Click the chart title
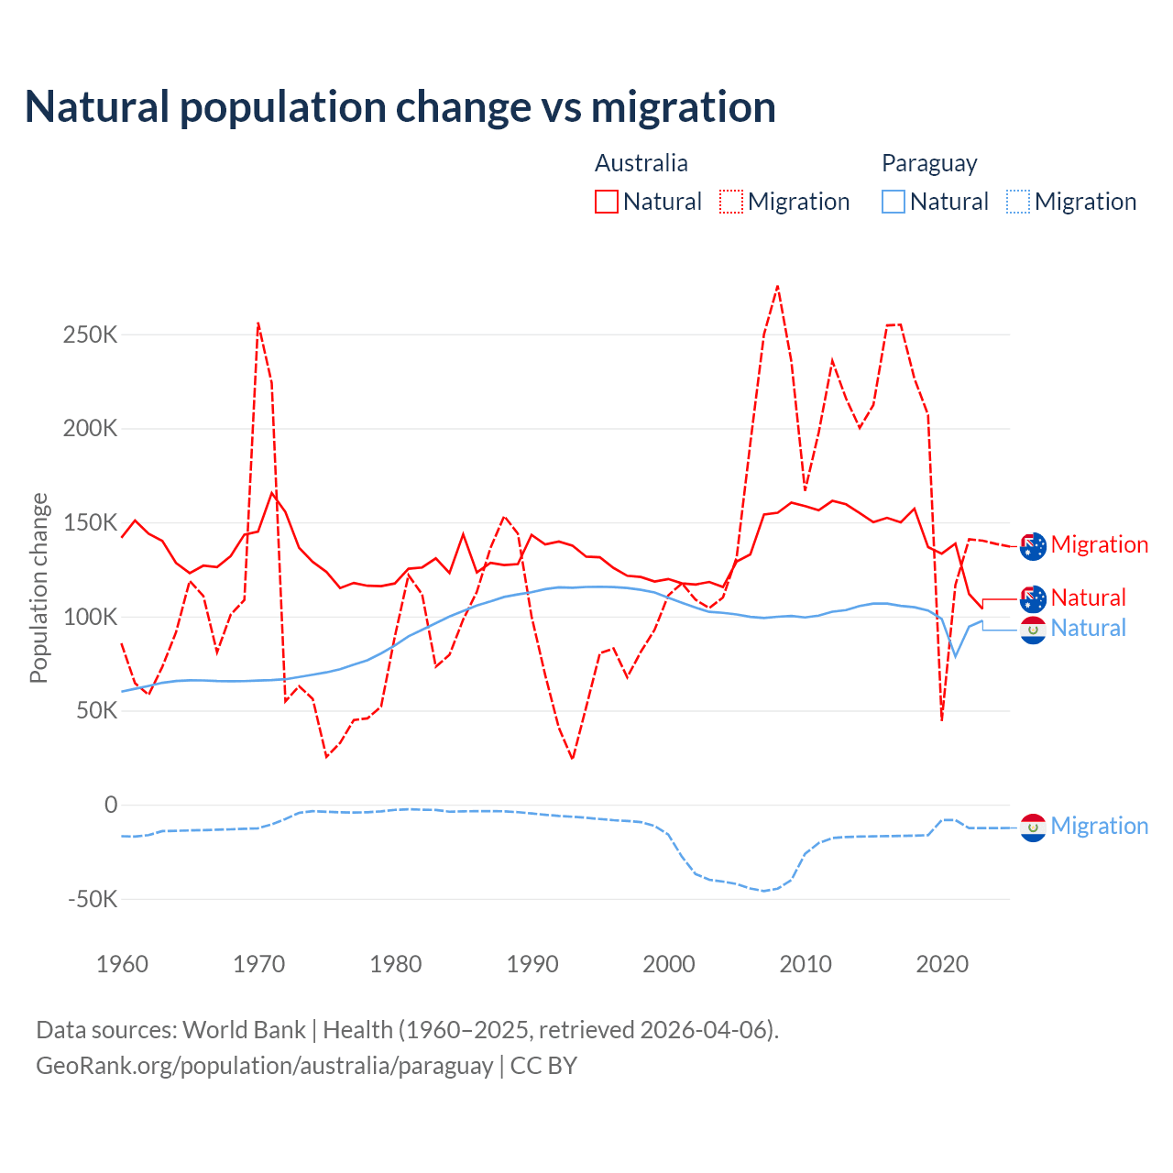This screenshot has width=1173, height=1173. (x=400, y=107)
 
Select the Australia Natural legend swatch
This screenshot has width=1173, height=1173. (x=607, y=202)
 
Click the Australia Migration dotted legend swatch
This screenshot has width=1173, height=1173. (x=731, y=202)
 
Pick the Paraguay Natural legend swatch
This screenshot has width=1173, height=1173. (x=893, y=202)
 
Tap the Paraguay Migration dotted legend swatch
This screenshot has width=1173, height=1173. (x=1018, y=202)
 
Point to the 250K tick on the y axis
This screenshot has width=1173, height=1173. (x=90, y=334)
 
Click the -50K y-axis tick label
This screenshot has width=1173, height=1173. (x=93, y=899)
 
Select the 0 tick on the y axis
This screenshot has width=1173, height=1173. (x=111, y=805)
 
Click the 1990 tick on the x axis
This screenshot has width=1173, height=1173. (x=532, y=964)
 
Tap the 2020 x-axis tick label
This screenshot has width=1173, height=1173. (x=942, y=964)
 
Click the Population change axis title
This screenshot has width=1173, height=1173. (x=38, y=587)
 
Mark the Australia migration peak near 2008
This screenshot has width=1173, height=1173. (x=777, y=286)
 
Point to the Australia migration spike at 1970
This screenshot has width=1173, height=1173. (x=258, y=323)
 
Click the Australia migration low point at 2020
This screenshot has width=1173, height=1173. (x=941, y=720)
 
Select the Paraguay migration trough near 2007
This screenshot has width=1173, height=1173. (x=763, y=891)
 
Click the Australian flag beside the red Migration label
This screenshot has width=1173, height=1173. (x=1033, y=545)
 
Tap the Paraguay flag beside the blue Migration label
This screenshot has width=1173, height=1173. (x=1033, y=827)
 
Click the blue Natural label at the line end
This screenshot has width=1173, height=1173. (x=1088, y=629)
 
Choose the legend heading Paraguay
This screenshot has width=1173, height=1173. (x=929, y=163)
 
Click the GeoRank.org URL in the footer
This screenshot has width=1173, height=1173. (x=265, y=1066)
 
